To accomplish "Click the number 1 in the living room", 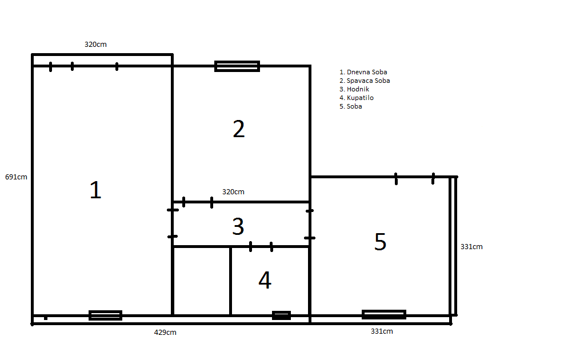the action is (x=95, y=190).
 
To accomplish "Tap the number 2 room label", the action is (x=239, y=129).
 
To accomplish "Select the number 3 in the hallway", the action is (x=238, y=226).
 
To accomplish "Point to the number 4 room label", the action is (x=265, y=280).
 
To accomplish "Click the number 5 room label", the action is (x=380, y=242).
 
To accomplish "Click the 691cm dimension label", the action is (x=16, y=177).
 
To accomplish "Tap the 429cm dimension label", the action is (x=165, y=333).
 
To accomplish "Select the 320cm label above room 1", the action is (x=95, y=45).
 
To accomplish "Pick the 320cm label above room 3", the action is (x=233, y=192).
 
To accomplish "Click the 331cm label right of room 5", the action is (x=471, y=247).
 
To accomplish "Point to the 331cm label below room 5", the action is (x=382, y=331).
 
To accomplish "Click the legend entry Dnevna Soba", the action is (x=363, y=73).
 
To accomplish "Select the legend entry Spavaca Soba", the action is (x=365, y=81).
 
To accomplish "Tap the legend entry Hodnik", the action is (x=354, y=89).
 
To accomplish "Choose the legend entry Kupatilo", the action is (x=357, y=98).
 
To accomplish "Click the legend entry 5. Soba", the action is (x=351, y=106).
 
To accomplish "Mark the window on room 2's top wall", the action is (x=237, y=66).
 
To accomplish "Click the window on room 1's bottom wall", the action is (x=105, y=315).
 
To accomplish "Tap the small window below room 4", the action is (x=281, y=315).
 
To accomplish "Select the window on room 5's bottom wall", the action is (x=384, y=314).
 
